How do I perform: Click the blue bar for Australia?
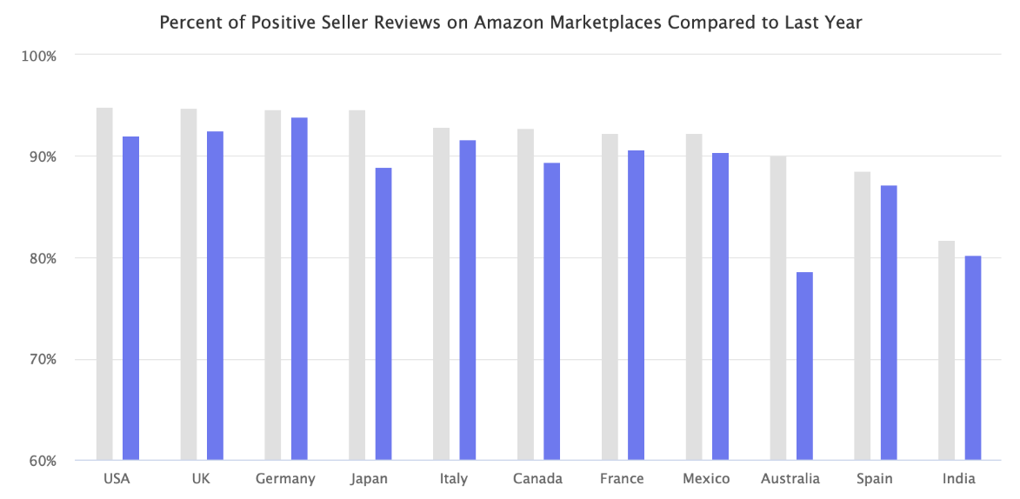(804, 366)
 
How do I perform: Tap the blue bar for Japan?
(383, 313)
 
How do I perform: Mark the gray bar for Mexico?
(694, 296)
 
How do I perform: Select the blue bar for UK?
(215, 295)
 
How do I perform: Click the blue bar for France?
(636, 305)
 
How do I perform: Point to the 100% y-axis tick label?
(39, 56)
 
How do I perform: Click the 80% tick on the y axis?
(42, 258)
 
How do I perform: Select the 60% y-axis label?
(42, 461)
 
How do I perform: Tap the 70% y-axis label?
(42, 360)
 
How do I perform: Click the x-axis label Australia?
(790, 479)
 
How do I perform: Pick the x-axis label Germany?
(285, 479)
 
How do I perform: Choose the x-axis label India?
(959, 479)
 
